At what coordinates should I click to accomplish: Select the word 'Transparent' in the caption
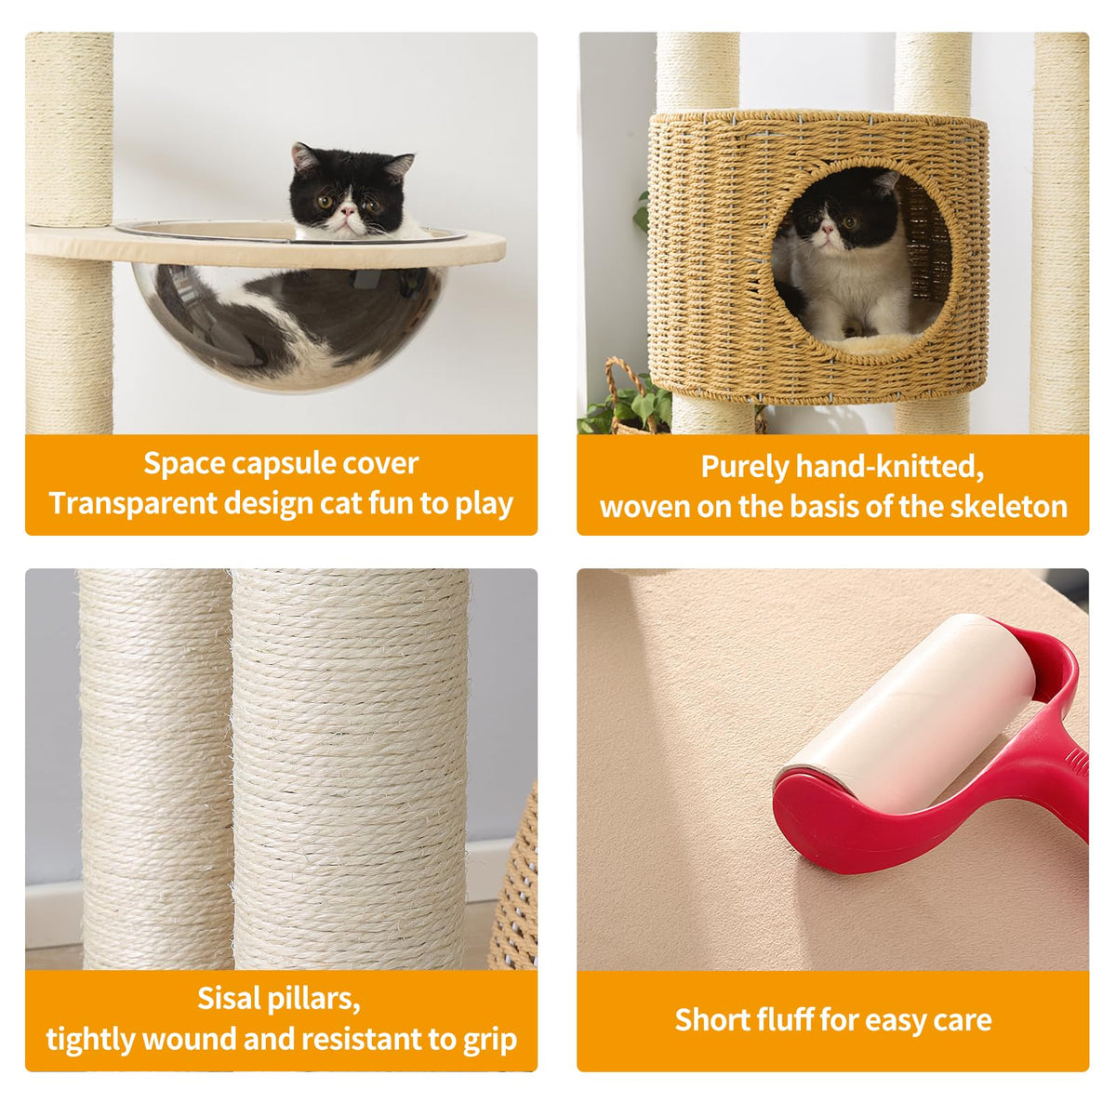coord(133,503)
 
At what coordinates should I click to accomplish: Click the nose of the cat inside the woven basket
coord(828,231)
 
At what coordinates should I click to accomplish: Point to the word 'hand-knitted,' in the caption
coord(890,466)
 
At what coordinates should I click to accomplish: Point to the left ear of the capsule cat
coord(303,156)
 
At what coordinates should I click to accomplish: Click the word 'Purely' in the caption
coord(744,468)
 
